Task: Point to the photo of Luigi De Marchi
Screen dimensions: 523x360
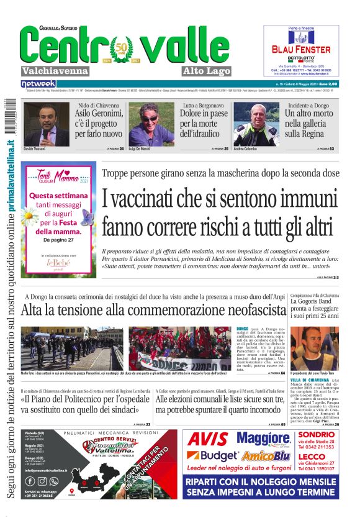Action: coord(151,124)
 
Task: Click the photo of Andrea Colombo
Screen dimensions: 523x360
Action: coord(256,124)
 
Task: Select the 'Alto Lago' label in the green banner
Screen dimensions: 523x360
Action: coord(189,71)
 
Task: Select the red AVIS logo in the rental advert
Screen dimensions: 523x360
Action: coord(208,439)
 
